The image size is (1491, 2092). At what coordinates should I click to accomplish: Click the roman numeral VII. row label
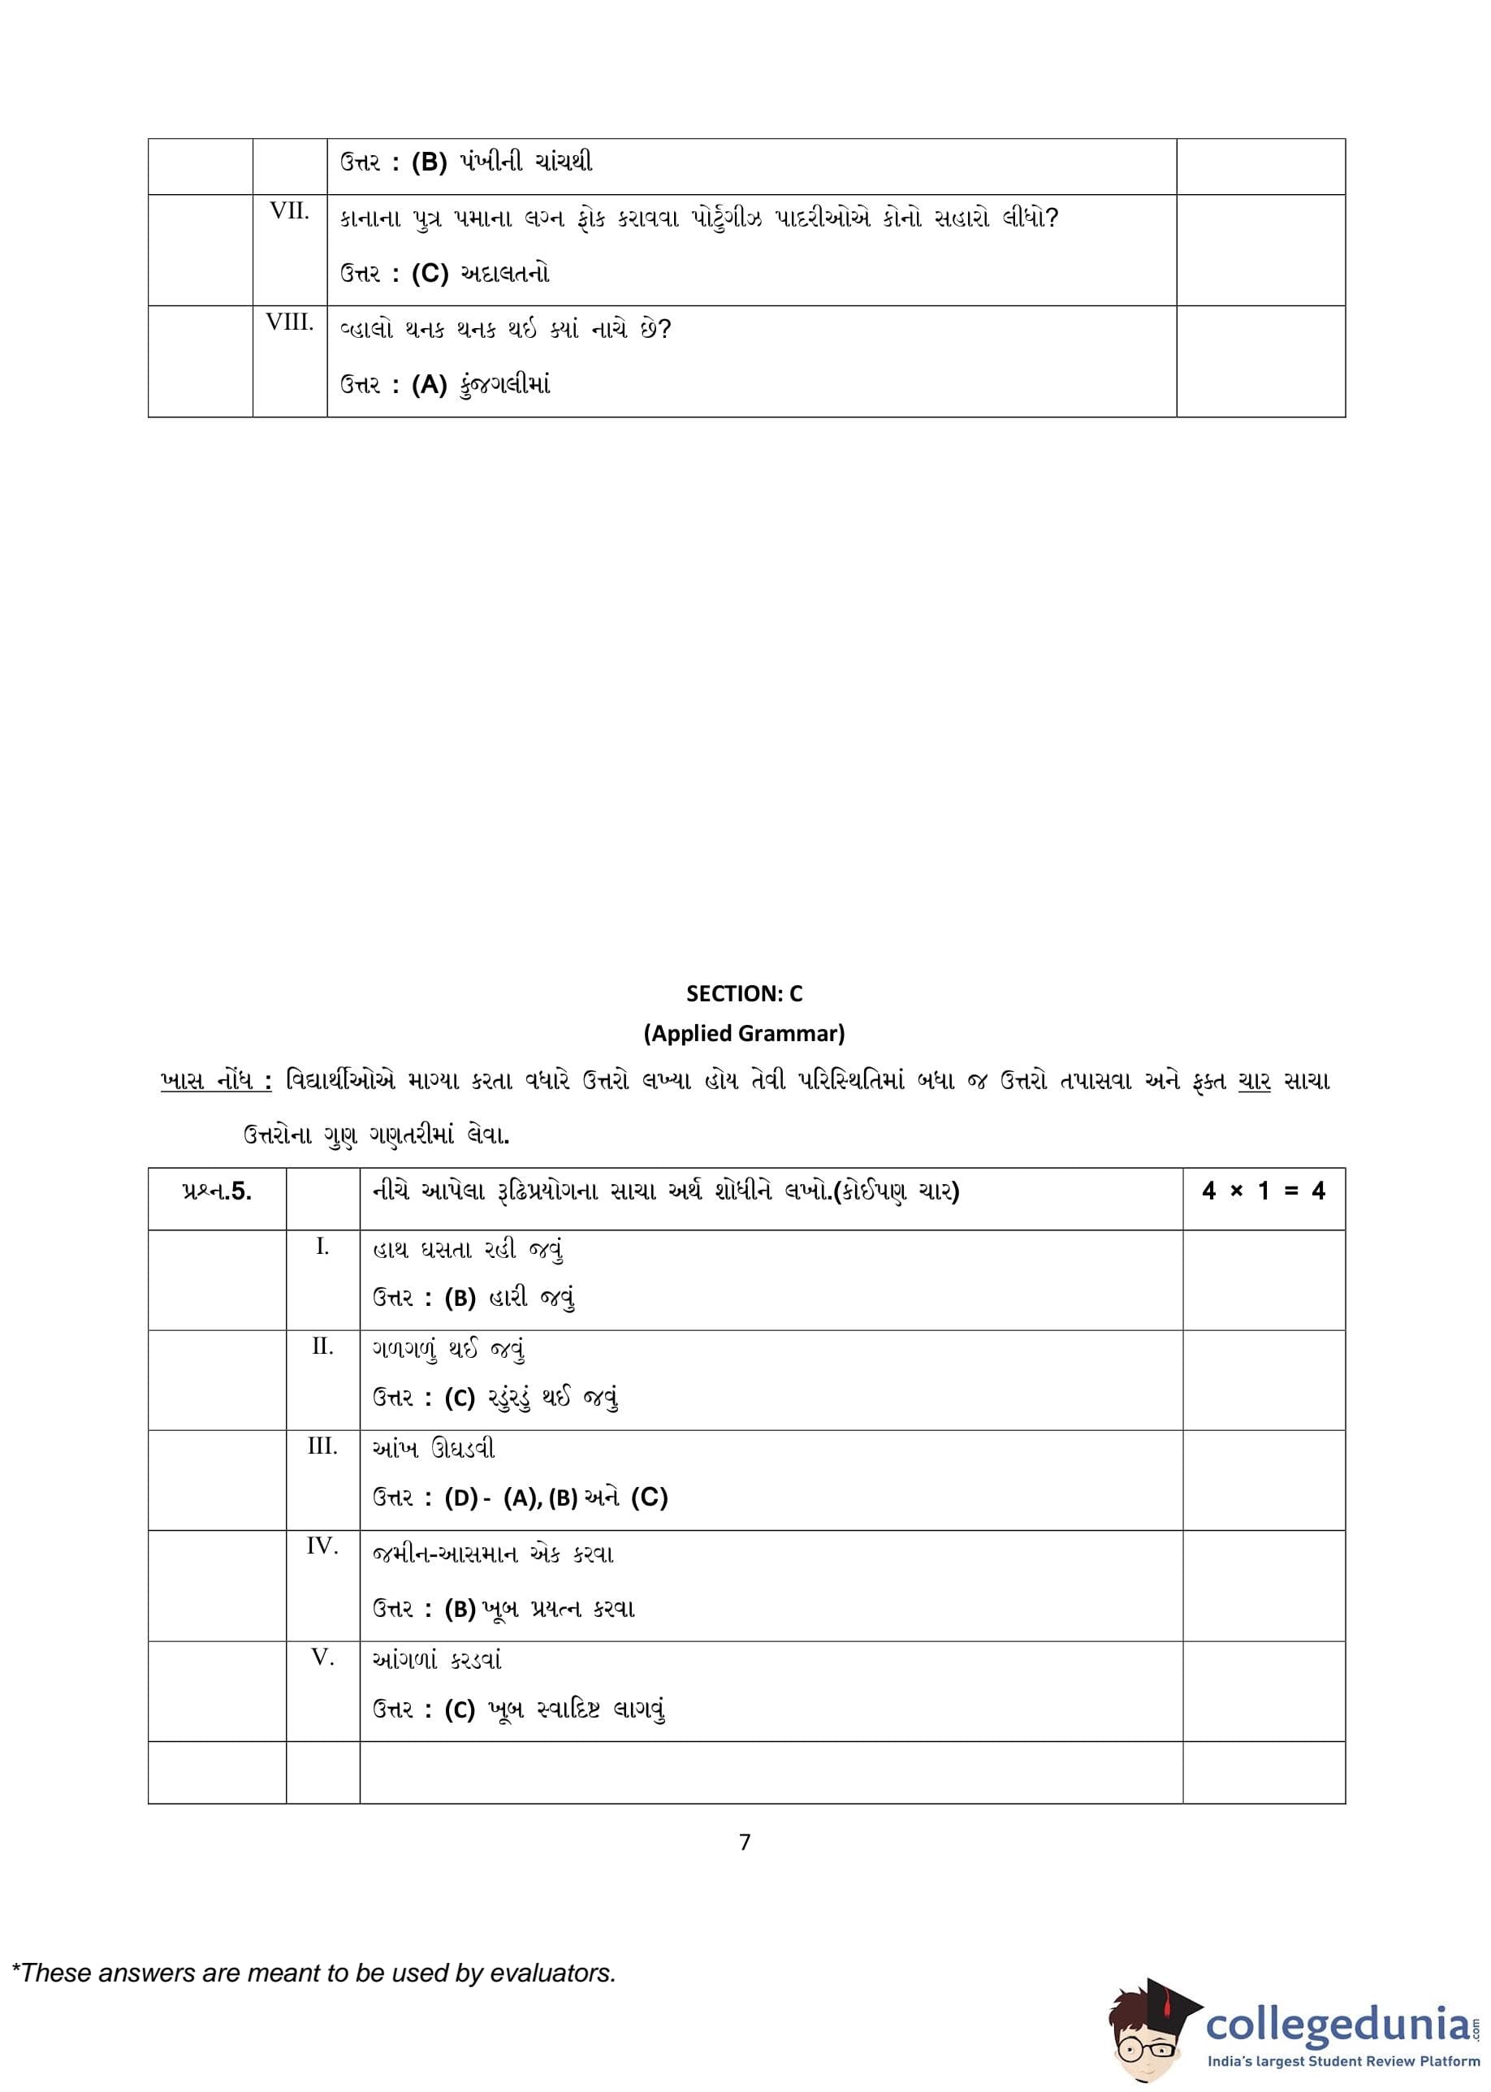[x=289, y=211]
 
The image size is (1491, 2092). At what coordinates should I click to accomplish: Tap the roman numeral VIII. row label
[x=289, y=322]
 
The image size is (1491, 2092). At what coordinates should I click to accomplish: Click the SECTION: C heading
[x=744, y=993]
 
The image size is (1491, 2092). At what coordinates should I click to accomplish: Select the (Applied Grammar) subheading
[x=744, y=1034]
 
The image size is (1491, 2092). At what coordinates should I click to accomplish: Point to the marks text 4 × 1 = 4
[x=1264, y=1191]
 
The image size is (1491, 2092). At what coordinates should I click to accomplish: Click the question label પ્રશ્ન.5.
[x=217, y=1191]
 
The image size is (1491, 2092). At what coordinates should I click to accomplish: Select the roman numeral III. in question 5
[x=322, y=1446]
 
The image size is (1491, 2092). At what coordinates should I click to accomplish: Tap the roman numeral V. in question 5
[x=322, y=1658]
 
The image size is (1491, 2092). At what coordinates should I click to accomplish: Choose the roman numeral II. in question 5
[x=322, y=1346]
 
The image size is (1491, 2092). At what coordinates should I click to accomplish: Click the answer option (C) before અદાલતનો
[x=430, y=274]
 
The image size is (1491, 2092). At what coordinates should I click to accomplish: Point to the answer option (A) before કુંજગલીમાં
[x=429, y=385]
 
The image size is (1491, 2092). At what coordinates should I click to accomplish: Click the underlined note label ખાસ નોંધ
[x=217, y=1082]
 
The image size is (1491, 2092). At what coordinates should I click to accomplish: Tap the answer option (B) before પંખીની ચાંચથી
[x=429, y=162]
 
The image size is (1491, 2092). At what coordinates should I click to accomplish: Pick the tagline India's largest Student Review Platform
[x=1343, y=2062]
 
